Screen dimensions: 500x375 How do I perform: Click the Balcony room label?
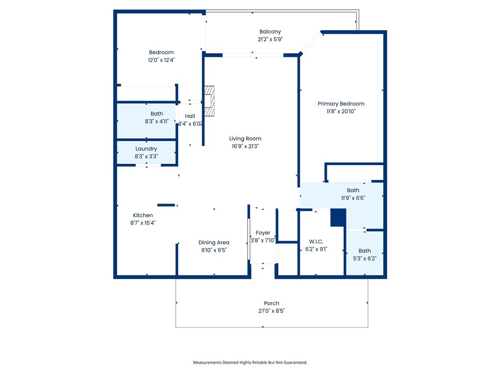[270, 32]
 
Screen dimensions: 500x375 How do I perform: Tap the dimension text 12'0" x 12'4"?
[161, 60]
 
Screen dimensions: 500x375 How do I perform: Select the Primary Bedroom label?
[341, 104]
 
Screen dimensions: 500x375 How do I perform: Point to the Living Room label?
[245, 139]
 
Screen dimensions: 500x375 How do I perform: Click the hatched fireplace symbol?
[209, 101]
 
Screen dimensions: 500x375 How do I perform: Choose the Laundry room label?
[146, 149]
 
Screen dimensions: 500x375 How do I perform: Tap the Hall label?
[190, 116]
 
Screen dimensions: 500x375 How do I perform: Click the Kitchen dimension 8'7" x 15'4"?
[143, 223]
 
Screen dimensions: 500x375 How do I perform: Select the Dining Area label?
[214, 243]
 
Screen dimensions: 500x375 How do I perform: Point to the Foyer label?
[263, 233]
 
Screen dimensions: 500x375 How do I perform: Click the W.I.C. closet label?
[316, 242]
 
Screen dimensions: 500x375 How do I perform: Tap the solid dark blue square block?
[338, 218]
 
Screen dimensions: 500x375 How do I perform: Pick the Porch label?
[271, 303]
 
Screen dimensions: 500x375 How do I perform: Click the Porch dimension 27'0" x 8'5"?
[271, 311]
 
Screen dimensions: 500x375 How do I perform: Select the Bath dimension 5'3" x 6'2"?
[364, 259]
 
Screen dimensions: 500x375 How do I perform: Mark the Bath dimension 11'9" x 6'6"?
[353, 198]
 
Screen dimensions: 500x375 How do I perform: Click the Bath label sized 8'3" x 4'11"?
[157, 114]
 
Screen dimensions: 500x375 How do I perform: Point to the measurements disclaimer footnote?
[250, 363]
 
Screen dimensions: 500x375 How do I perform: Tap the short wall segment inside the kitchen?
[166, 205]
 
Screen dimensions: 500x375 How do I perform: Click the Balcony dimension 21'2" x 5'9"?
[270, 39]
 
